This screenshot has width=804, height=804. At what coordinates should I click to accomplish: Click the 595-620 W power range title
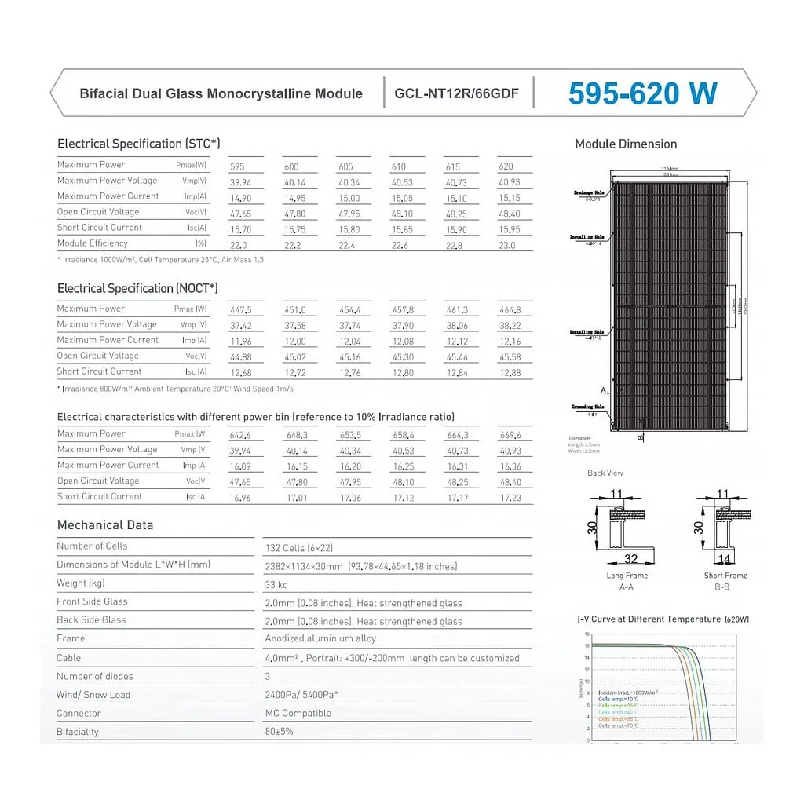coord(642,93)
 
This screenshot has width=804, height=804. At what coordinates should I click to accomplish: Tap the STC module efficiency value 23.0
coord(507,245)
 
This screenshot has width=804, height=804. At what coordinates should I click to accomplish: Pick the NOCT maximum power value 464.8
coord(510,311)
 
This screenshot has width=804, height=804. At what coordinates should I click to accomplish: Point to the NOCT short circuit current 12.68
coord(240,373)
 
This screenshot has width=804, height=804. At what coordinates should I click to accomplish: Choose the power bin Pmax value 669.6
coord(510,436)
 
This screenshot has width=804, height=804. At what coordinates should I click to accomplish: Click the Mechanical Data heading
coord(105,525)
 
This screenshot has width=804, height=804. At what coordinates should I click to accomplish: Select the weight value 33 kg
coord(276,585)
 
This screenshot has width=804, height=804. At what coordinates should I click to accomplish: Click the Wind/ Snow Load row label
coord(93,695)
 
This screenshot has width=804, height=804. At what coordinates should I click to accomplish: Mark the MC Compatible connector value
coord(298,714)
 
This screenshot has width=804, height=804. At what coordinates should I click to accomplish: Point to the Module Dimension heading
coord(626,144)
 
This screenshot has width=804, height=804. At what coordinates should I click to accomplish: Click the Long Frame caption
coord(627,576)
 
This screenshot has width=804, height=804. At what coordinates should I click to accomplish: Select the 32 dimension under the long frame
coord(630,559)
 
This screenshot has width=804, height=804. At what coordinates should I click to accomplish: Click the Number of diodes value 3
coord(268,676)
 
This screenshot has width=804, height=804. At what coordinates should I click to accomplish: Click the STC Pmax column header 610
coord(398,166)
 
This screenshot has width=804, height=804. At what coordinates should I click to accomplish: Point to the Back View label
coord(605,473)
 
